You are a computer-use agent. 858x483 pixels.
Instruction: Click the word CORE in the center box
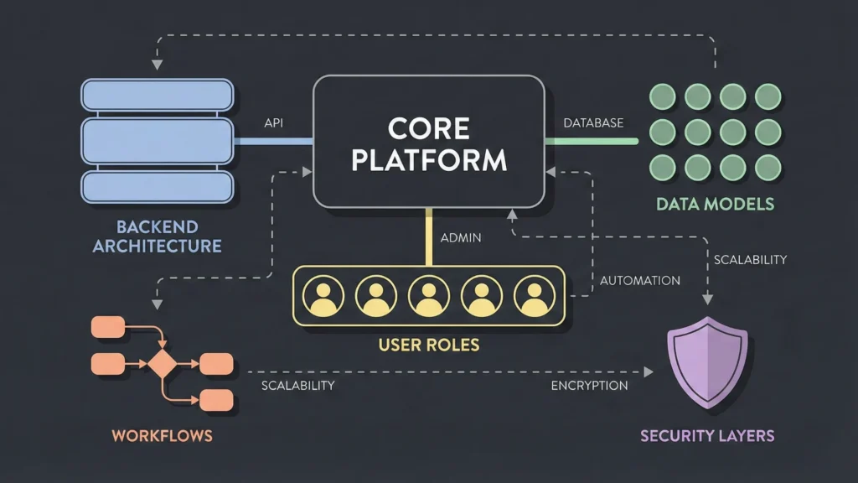[428, 128]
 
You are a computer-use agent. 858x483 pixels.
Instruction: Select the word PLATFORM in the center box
[428, 159]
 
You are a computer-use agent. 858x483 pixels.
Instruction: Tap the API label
[273, 122]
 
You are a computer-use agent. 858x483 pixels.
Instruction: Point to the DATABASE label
[593, 122]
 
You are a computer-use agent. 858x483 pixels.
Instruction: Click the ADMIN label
[460, 237]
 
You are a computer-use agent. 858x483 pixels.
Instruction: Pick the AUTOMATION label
[640, 280]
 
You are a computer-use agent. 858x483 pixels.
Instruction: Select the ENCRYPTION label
[589, 386]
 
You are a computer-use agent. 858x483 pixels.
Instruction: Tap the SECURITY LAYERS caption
[707, 435]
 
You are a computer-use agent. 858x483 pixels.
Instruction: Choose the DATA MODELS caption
[715, 204]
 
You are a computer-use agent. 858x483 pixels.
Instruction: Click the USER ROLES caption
[428, 344]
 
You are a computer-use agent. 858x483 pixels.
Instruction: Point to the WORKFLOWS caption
[162, 435]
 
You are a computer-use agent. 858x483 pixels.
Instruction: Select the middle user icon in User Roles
[428, 295]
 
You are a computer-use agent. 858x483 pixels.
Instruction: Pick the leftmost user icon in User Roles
[321, 295]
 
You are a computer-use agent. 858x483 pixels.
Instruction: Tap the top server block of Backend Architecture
[157, 94]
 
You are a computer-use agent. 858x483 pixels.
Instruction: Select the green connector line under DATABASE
[591, 141]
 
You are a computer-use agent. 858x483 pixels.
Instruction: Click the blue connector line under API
[273, 141]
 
